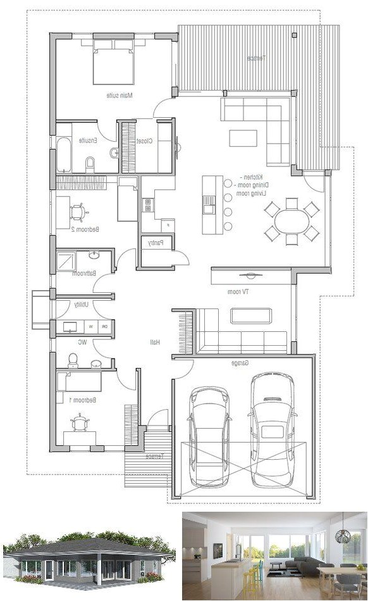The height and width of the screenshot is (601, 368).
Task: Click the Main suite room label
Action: [120, 96]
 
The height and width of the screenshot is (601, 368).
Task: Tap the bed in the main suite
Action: [113, 61]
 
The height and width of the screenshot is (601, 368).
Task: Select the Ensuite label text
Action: [87, 141]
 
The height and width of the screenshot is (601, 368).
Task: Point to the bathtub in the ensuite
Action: [64, 154]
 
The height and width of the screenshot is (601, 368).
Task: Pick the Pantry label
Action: [156, 243]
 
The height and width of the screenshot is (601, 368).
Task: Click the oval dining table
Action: [291, 221]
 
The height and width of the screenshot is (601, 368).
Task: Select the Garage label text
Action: [238, 363]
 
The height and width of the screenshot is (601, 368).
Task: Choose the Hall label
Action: [154, 342]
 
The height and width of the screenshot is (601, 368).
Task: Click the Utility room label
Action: [82, 305]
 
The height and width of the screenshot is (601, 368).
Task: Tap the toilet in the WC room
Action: [73, 360]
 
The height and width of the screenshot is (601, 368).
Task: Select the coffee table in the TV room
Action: [251, 315]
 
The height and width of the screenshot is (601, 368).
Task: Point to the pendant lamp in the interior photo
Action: [342, 536]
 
